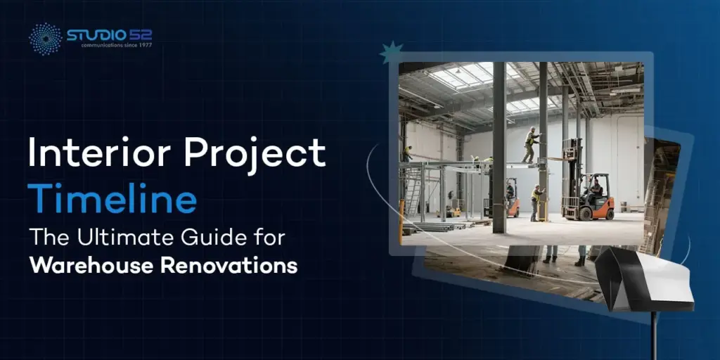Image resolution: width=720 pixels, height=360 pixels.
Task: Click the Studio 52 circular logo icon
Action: tap(44, 39)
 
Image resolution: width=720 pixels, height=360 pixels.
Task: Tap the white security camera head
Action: tap(641, 278)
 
